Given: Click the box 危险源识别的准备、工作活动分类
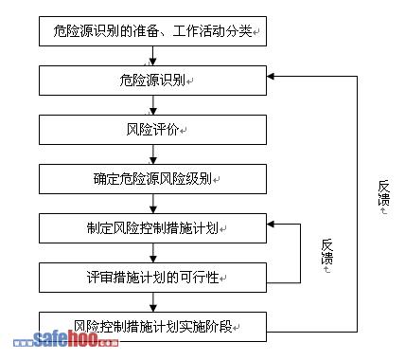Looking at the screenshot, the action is pos(152,31).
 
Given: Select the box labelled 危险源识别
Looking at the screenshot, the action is pos(152,81).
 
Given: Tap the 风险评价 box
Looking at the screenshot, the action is pos(152,130).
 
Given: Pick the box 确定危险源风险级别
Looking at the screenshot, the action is pos(152,179).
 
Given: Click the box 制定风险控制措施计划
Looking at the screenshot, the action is pos(152,228).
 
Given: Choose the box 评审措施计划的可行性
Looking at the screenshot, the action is pos(152,278).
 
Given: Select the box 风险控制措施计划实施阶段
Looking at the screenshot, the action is pos(152,327).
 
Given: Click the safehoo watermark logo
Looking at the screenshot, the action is pos(66,339).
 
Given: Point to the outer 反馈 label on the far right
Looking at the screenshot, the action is pos(384,192).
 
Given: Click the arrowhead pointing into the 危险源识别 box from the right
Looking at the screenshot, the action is pos(271,76).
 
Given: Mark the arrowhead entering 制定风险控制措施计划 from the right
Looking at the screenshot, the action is pos(271,225).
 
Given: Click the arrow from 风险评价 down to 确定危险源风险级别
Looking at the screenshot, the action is pos(153,154).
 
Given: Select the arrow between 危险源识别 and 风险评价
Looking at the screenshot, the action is pos(153,105).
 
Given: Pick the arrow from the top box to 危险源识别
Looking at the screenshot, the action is pos(153,56).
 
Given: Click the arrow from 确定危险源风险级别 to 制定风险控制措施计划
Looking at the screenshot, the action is pos(153,204).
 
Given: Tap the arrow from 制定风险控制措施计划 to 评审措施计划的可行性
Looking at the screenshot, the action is pos(153,253).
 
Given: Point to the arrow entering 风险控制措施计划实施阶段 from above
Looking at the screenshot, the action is pos(153,302).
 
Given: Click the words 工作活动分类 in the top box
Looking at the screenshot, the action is pos(213,31).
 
